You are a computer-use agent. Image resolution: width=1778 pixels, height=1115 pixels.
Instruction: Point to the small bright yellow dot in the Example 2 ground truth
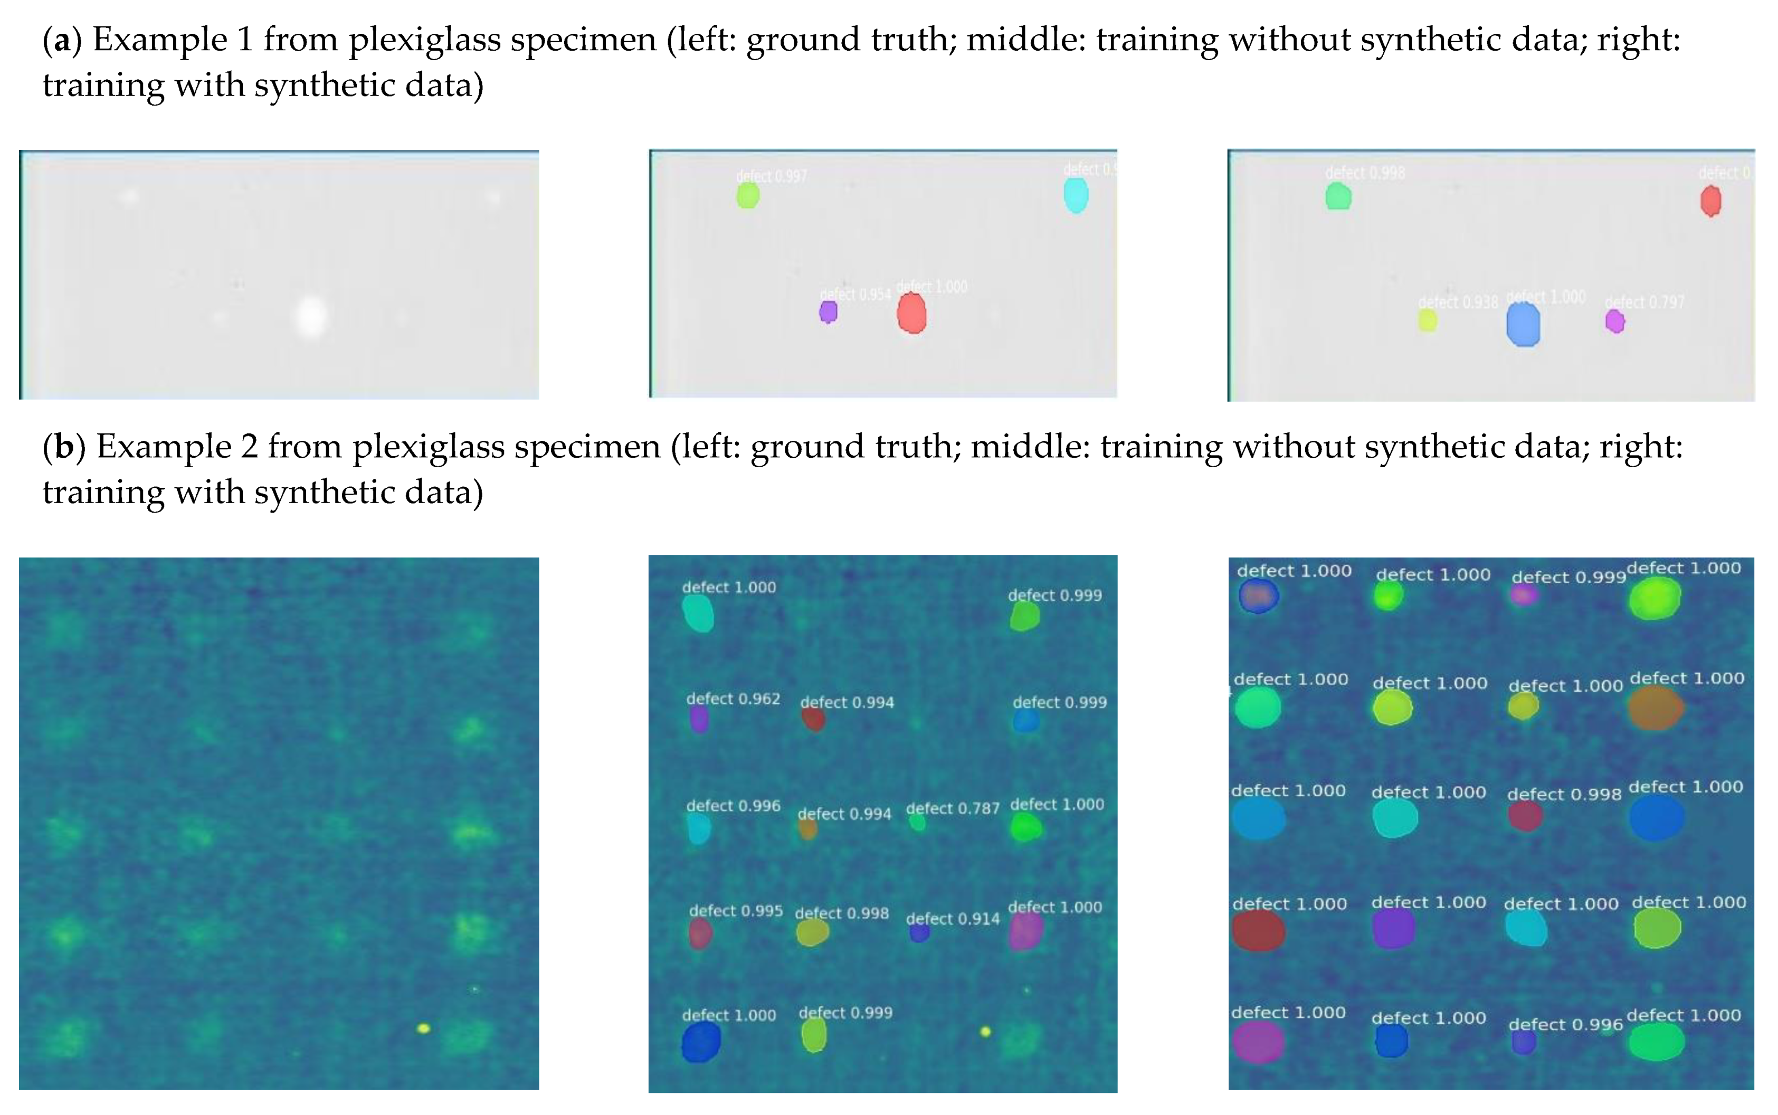click(423, 1028)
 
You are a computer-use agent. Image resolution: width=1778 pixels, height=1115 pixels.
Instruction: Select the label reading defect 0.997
click(771, 176)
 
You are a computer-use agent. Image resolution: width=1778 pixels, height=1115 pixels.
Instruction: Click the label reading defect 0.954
click(855, 294)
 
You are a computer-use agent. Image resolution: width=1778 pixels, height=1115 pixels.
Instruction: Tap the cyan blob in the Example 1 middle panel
click(1076, 195)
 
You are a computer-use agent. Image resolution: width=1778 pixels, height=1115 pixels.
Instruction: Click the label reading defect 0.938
click(1458, 303)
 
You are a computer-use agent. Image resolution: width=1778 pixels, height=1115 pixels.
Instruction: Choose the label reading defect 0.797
click(1644, 303)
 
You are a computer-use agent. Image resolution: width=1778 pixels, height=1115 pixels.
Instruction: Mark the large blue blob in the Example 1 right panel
click(1523, 325)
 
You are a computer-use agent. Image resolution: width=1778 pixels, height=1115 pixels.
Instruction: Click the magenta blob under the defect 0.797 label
click(1615, 322)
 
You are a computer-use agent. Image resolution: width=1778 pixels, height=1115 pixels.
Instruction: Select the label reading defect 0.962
click(733, 698)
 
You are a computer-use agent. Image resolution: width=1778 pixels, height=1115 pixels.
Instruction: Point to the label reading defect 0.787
click(953, 808)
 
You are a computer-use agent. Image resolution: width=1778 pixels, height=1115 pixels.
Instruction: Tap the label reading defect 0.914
click(953, 919)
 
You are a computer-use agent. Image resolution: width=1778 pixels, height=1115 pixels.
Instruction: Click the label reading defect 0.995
click(736, 911)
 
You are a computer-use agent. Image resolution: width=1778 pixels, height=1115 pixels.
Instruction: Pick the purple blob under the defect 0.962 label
click(699, 719)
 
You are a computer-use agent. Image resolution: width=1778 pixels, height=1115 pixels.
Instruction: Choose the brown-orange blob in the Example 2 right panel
click(1656, 708)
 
